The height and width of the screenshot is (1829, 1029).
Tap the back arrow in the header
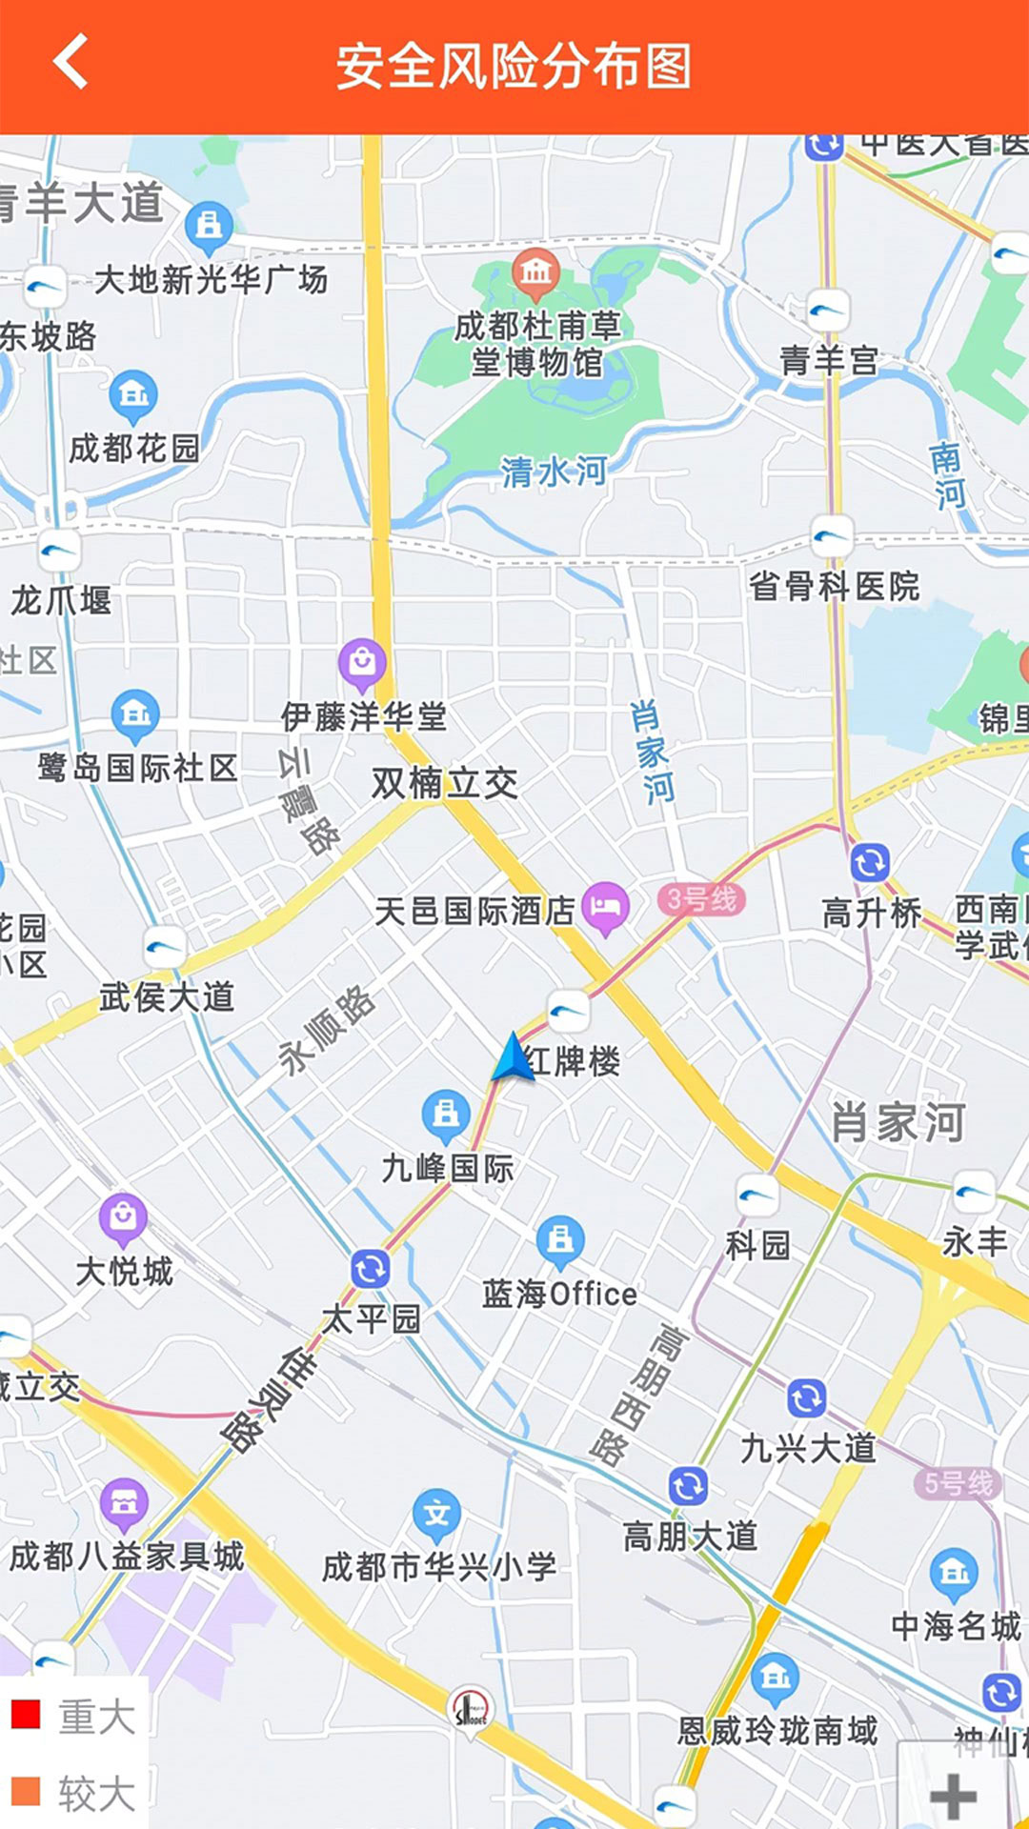(x=71, y=62)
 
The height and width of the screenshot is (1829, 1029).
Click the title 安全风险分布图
(x=514, y=67)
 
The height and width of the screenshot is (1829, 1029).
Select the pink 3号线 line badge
(x=701, y=899)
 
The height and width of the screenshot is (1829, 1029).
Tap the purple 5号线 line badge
(x=958, y=1483)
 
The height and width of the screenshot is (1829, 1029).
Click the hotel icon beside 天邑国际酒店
(x=605, y=907)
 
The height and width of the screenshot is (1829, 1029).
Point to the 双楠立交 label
(x=444, y=783)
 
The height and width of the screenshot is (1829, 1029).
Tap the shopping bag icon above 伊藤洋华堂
(x=362, y=660)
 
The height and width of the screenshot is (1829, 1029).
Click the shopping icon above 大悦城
(x=123, y=1216)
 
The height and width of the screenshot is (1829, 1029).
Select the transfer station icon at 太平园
(x=371, y=1269)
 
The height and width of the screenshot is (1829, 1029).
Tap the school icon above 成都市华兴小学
(x=436, y=1514)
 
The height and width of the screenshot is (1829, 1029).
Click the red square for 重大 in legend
(x=26, y=1714)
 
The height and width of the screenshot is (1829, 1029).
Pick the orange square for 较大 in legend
(x=26, y=1791)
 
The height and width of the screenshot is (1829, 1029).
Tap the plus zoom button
(x=953, y=1797)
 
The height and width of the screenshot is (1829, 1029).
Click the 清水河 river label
(x=554, y=471)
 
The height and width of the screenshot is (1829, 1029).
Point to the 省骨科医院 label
(x=834, y=586)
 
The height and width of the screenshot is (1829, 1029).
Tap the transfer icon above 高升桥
(x=869, y=863)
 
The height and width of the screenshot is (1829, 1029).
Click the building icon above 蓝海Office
(x=560, y=1239)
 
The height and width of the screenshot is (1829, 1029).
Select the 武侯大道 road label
(x=167, y=997)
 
